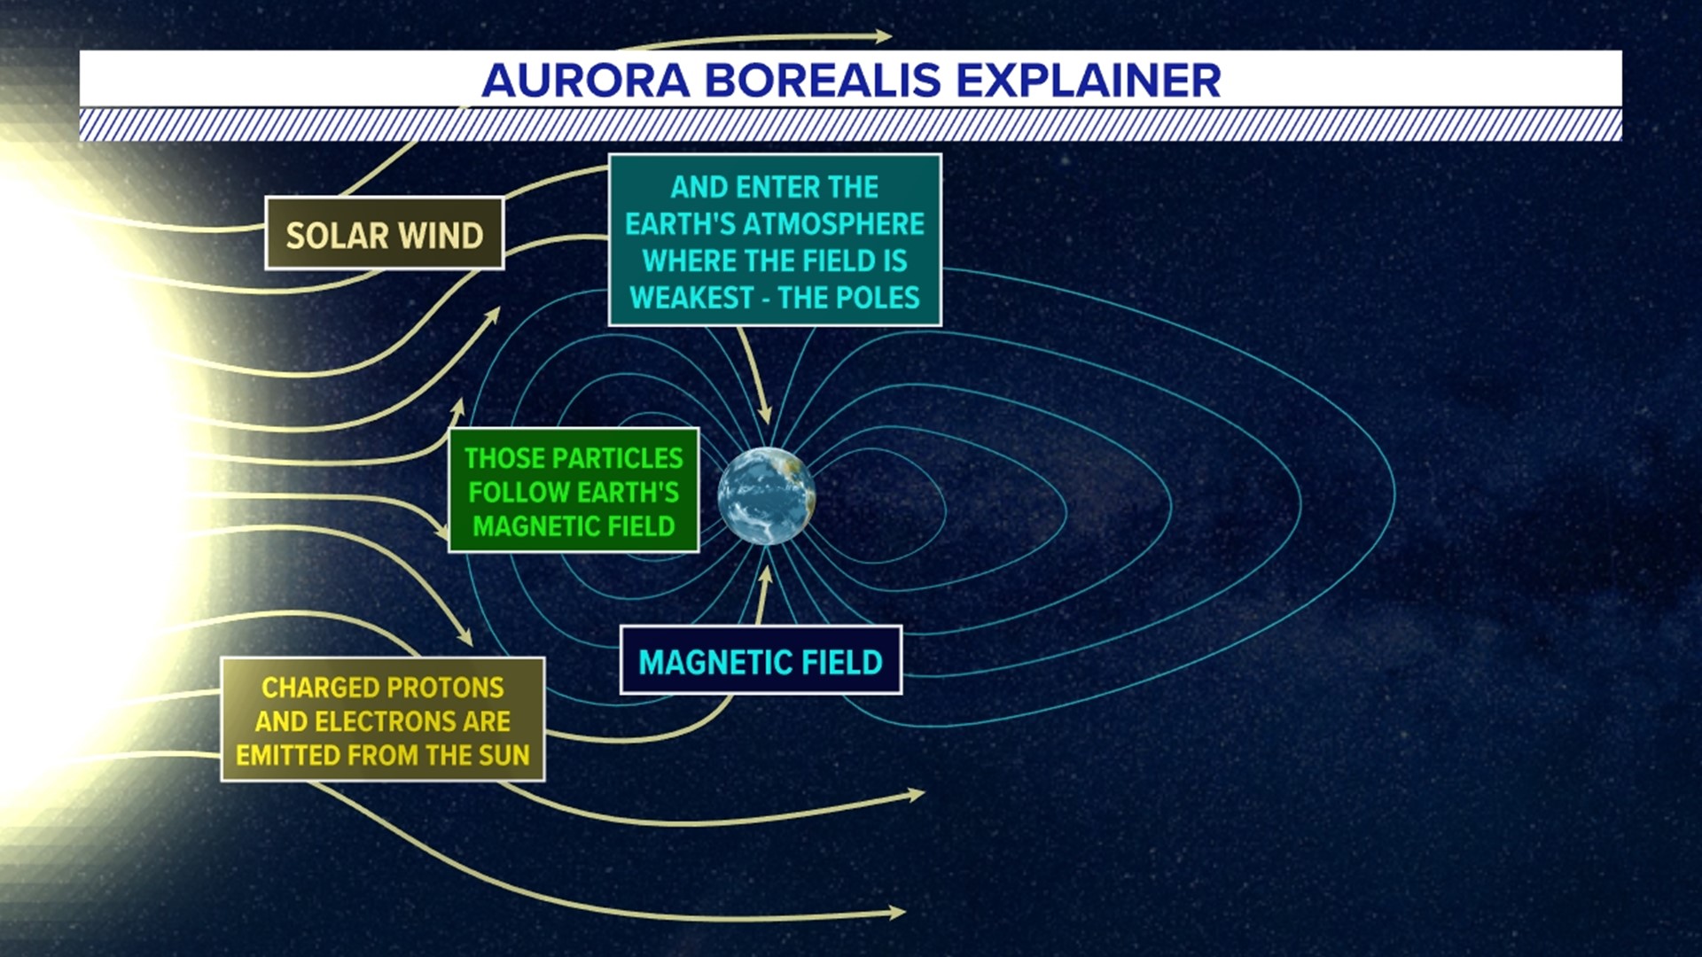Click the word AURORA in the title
click(586, 81)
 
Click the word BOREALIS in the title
click(822, 81)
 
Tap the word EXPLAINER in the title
click(1088, 81)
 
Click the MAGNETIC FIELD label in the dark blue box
click(761, 662)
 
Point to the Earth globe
click(766, 496)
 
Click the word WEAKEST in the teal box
click(691, 298)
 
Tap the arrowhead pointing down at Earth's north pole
click(765, 415)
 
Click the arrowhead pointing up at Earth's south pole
click(766, 574)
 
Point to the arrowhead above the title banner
click(883, 36)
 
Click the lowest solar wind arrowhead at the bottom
click(897, 912)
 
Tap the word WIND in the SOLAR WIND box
click(440, 236)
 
